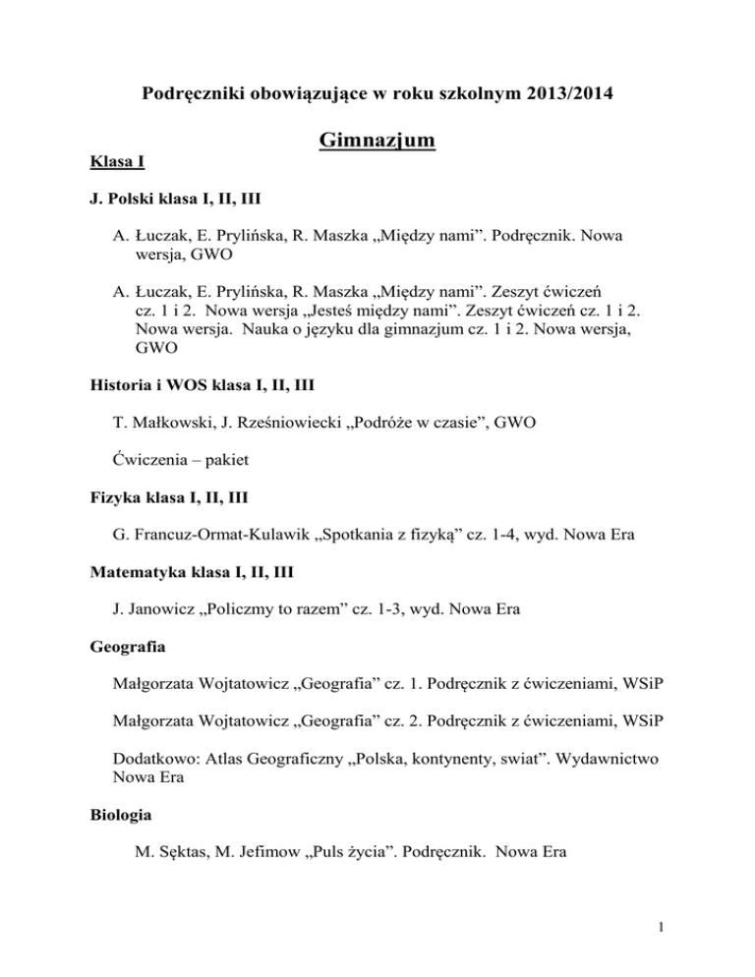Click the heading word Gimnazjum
coord(377,144)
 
